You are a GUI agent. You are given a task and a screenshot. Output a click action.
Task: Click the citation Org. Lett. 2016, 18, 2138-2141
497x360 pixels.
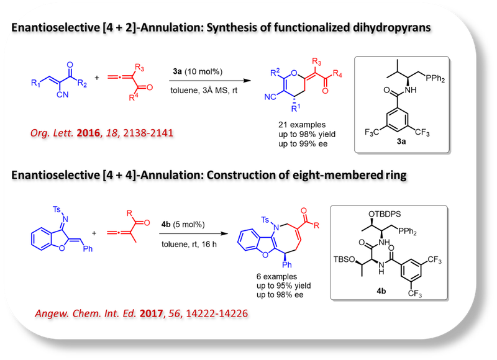tap(103, 133)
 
